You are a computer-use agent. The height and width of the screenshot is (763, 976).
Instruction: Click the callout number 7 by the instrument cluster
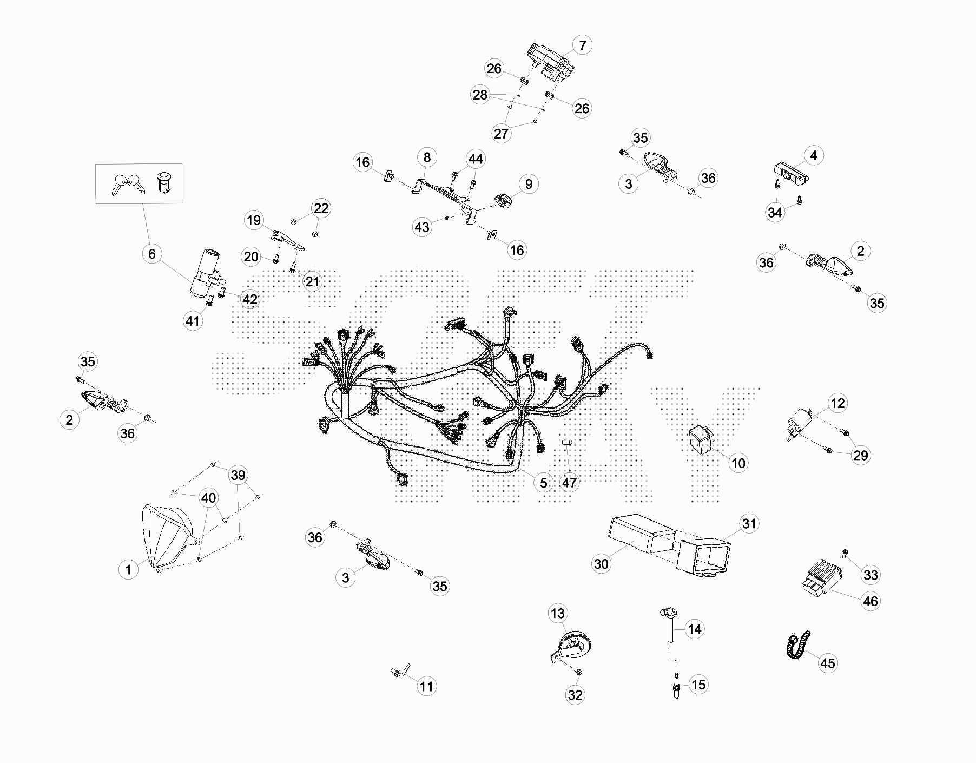pos(582,45)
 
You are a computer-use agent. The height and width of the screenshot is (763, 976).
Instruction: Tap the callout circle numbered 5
pos(543,483)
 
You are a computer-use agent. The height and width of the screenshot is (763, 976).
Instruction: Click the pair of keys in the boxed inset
pos(128,184)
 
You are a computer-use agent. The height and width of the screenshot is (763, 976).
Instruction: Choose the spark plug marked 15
pos(675,686)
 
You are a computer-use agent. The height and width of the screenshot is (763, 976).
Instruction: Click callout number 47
pos(569,482)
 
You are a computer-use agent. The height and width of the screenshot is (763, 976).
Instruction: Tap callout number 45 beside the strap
pos(828,663)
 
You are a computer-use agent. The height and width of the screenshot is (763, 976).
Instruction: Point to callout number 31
pos(749,523)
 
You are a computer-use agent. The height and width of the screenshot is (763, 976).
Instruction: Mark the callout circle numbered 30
pos(601,564)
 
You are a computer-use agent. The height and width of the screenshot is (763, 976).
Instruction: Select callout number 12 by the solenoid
pos(837,403)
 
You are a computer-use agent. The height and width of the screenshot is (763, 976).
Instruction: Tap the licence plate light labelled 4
pos(790,172)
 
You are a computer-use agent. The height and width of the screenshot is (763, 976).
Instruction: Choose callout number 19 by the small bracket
pos(253,220)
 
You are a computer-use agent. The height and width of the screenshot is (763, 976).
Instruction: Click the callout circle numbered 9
pos(529,184)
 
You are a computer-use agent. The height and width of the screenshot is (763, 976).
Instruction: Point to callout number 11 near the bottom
pos(426,686)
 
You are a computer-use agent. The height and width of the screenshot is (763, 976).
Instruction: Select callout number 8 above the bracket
pos(427,157)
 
